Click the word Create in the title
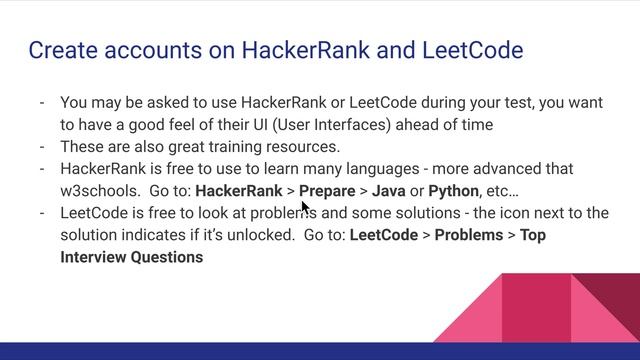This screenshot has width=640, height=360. tap(61, 50)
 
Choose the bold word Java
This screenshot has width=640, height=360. tap(389, 190)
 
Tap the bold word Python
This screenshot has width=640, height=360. tap(453, 190)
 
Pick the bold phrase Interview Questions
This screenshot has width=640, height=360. tap(131, 257)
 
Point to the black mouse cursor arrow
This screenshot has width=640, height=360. tap(305, 207)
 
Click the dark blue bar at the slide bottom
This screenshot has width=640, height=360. tap(320, 351)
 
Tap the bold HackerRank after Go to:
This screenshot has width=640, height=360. tap(239, 190)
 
